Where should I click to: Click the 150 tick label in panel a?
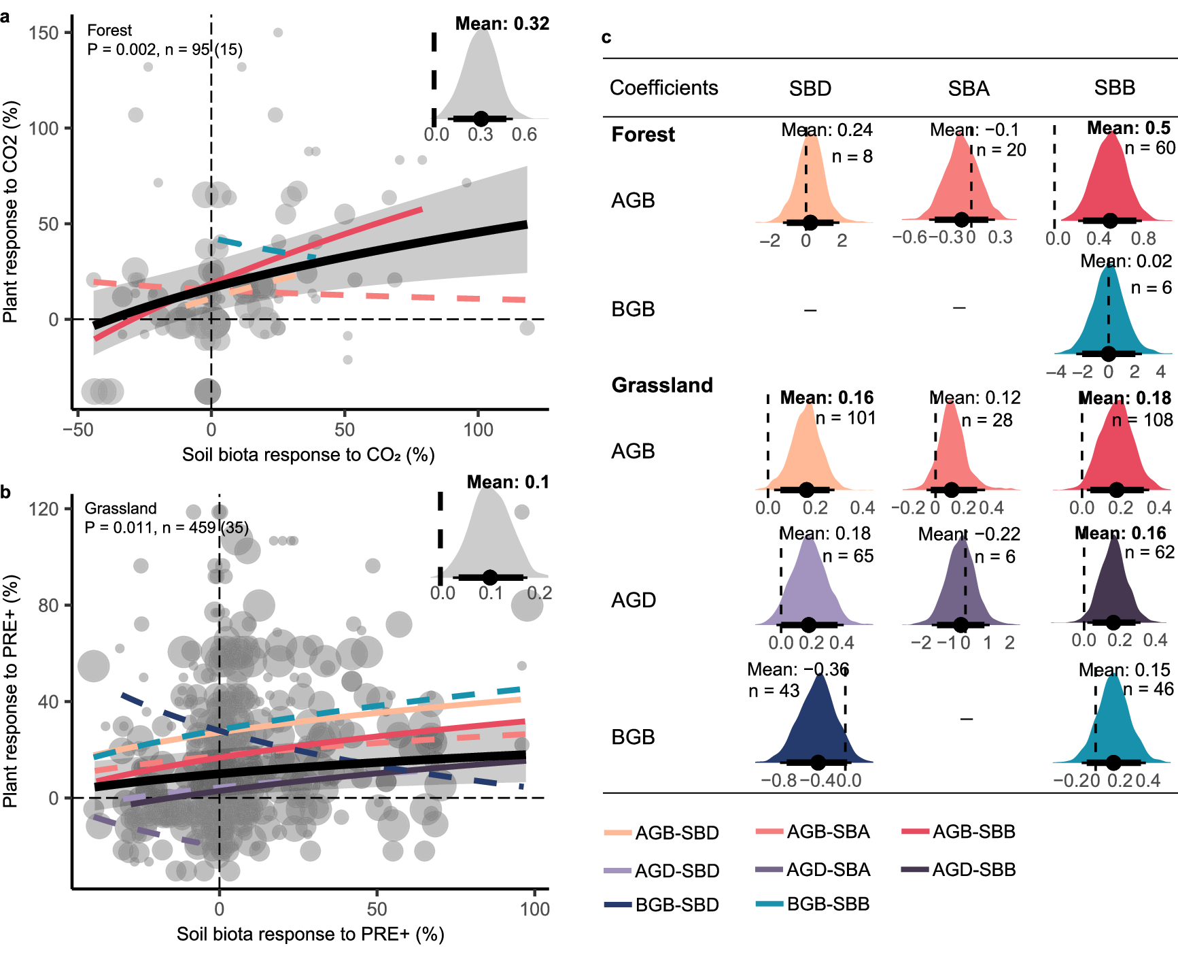pos(44,33)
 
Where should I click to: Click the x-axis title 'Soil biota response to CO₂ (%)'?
pos(308,454)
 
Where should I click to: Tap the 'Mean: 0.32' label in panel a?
pos(502,24)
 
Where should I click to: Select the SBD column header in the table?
pos(810,88)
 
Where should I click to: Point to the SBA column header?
pos(969,88)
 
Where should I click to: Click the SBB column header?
pos(1114,88)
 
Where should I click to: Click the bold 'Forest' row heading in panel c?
pos(642,135)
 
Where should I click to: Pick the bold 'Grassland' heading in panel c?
pos(661,385)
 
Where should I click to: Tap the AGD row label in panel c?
pos(633,600)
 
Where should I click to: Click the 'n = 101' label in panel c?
pos(845,418)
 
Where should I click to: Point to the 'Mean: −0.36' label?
pos(797,670)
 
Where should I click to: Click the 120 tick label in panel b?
pos(44,509)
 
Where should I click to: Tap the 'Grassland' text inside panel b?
pos(120,508)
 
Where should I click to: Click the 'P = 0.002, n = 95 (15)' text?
pos(164,49)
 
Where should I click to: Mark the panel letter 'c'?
pos(606,37)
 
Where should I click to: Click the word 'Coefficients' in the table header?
pos(663,88)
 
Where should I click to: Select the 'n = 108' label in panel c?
pos(1142,420)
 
